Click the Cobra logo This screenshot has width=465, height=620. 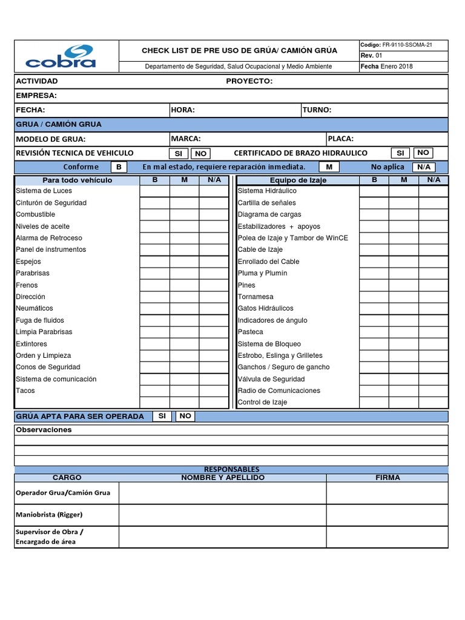tap(61, 56)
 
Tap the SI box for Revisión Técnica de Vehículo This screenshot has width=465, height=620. tap(178, 154)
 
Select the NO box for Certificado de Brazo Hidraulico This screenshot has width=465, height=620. tap(423, 153)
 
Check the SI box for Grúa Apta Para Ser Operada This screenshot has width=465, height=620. tap(162, 416)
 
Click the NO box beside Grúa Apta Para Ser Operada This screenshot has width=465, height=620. tap(185, 416)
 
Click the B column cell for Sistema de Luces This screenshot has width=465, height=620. tap(154, 191)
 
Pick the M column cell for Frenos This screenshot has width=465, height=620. tap(184, 285)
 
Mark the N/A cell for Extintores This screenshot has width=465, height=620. tap(214, 344)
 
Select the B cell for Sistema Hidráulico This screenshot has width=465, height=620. tap(374, 191)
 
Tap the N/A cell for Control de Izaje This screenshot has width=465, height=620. tap(434, 403)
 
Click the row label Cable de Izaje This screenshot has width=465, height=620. tap(260, 249)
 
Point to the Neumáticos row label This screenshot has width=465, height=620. tap(35, 308)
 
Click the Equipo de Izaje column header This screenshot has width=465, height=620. tap(298, 180)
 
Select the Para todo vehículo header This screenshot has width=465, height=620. tap(77, 180)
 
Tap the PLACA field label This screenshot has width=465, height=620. tap(341, 139)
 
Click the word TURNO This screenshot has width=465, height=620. tap(317, 110)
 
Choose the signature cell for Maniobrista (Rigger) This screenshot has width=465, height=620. tap(387, 515)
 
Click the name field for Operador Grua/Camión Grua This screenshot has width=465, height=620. tap(222, 493)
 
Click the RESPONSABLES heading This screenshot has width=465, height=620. tap(231, 469)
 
